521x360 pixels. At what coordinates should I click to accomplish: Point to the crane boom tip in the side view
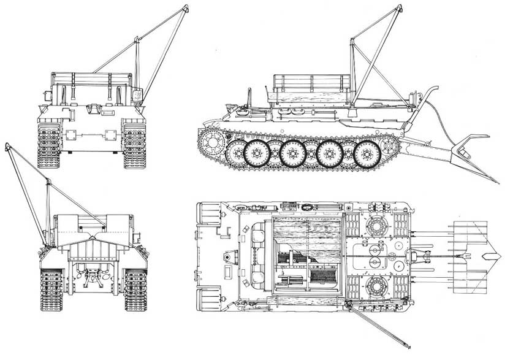398,8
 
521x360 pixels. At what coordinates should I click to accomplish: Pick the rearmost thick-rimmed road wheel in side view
367,153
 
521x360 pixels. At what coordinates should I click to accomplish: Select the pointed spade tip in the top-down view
494,255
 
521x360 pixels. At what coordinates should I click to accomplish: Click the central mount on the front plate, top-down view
227,256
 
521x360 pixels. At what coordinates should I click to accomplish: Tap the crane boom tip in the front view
185,7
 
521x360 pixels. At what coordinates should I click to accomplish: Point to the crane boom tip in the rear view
7,145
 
